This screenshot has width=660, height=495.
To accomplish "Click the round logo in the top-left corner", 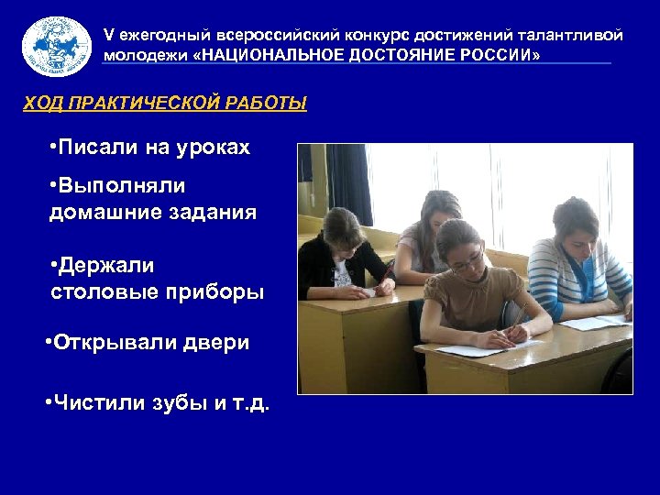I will (57, 45).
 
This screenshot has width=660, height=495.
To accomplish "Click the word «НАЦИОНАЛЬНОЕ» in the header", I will (270, 55).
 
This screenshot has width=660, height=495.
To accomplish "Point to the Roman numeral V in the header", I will (109, 35).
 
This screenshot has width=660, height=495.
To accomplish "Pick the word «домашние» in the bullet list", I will (101, 213).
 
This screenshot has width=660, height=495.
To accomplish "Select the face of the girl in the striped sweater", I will (578, 225).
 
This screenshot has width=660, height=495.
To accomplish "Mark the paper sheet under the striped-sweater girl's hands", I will (594, 322).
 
